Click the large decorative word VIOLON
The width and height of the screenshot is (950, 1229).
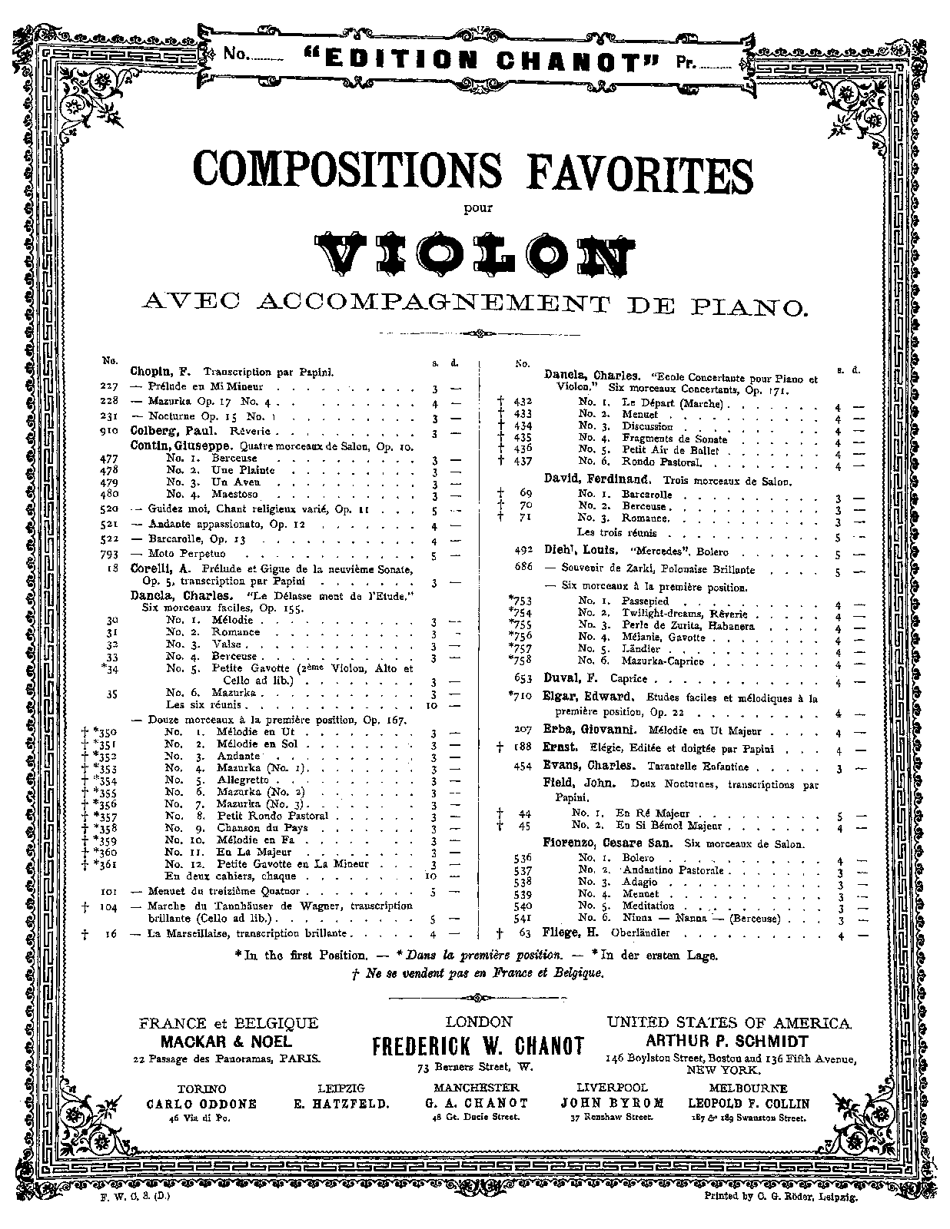(474, 251)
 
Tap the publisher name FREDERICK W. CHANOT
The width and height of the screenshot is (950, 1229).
(477, 1045)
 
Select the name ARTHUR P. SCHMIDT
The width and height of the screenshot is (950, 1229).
(727, 1042)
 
